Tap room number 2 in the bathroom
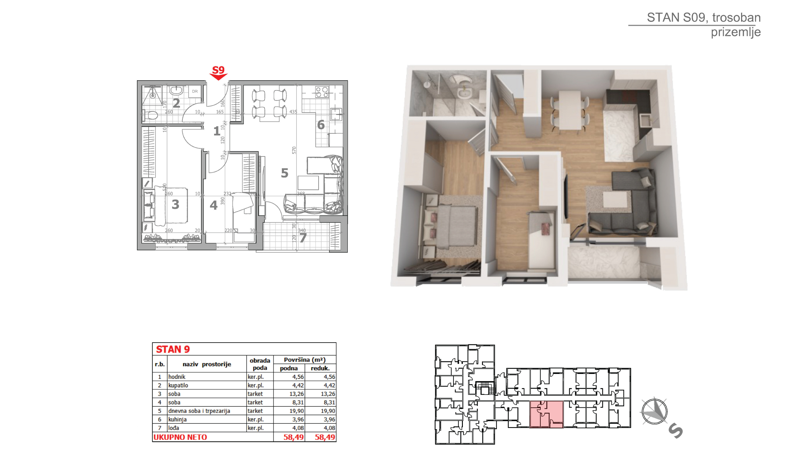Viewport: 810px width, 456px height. pyautogui.click(x=176, y=103)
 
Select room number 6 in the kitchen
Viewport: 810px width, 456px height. pyautogui.click(x=321, y=125)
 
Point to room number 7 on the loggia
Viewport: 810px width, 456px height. pyautogui.click(x=303, y=238)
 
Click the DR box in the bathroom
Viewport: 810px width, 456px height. pyautogui.click(x=195, y=91)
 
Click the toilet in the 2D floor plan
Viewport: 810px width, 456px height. pyautogui.click(x=150, y=116)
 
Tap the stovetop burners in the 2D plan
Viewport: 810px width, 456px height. pyautogui.click(x=322, y=92)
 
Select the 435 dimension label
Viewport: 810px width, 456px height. pyautogui.click(x=293, y=112)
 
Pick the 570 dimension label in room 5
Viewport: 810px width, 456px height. pyautogui.click(x=294, y=150)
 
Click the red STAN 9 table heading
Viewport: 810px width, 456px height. pyautogui.click(x=173, y=349)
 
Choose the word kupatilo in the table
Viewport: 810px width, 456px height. pyautogui.click(x=178, y=385)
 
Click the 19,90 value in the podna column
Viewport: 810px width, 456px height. pyautogui.click(x=296, y=411)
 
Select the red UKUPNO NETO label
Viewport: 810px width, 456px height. pyautogui.click(x=180, y=437)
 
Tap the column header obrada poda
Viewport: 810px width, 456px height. pyautogui.click(x=260, y=364)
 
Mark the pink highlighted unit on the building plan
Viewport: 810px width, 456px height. pyautogui.click(x=546, y=414)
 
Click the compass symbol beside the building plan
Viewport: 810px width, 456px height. pyautogui.click(x=654, y=411)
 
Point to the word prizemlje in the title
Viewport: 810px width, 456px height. pyautogui.click(x=736, y=32)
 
